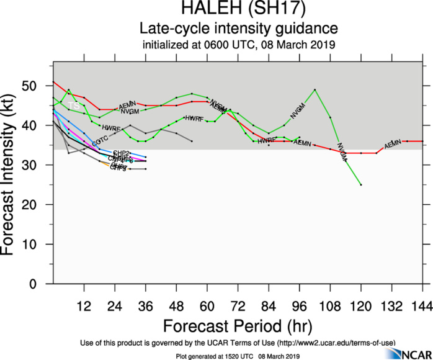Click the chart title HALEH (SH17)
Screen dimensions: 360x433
(239, 9)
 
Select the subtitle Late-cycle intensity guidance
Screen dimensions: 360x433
(239, 29)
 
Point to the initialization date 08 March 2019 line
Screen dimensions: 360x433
(239, 45)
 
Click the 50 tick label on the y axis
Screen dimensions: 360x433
(40, 86)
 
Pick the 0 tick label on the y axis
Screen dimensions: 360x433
(43, 284)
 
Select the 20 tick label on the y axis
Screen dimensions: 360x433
(40, 205)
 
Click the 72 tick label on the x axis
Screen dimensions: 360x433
(238, 305)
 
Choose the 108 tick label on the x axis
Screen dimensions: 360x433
(330, 305)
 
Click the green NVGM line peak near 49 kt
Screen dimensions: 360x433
(315, 89)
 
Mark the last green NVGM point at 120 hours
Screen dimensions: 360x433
(360, 185)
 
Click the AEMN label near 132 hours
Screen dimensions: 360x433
(393, 145)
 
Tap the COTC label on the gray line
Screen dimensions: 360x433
(100, 144)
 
